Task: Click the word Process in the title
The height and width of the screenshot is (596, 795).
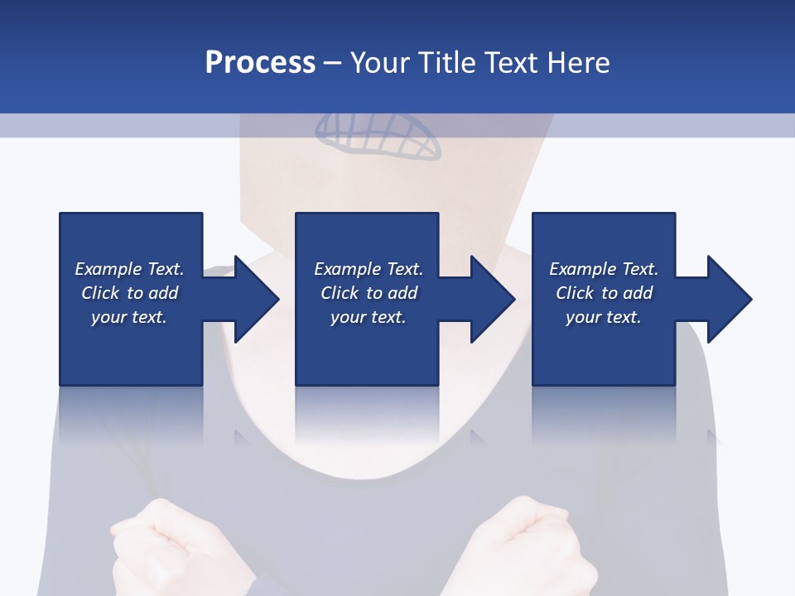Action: tap(260, 63)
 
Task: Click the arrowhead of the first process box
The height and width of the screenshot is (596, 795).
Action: tap(255, 299)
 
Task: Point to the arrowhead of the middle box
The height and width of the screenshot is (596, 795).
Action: tap(491, 299)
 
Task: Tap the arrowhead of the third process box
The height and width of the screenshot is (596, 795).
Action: tap(728, 299)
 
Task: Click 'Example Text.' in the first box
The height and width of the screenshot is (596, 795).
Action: tap(129, 269)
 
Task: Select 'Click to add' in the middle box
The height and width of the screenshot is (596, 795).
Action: tap(369, 293)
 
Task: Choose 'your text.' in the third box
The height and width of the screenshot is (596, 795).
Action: tap(604, 317)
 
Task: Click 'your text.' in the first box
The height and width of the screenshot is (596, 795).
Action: tap(129, 317)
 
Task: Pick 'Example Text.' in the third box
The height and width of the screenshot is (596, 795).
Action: tap(604, 269)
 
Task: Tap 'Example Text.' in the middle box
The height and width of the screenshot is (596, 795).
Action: tap(369, 269)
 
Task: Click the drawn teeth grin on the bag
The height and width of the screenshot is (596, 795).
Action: tap(378, 137)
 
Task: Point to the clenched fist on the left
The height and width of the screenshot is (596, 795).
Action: tap(157, 550)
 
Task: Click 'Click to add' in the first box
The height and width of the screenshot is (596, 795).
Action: tap(129, 293)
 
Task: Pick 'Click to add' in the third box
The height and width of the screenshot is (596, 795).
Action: tap(604, 293)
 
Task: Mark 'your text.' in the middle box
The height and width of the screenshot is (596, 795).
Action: tap(369, 317)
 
